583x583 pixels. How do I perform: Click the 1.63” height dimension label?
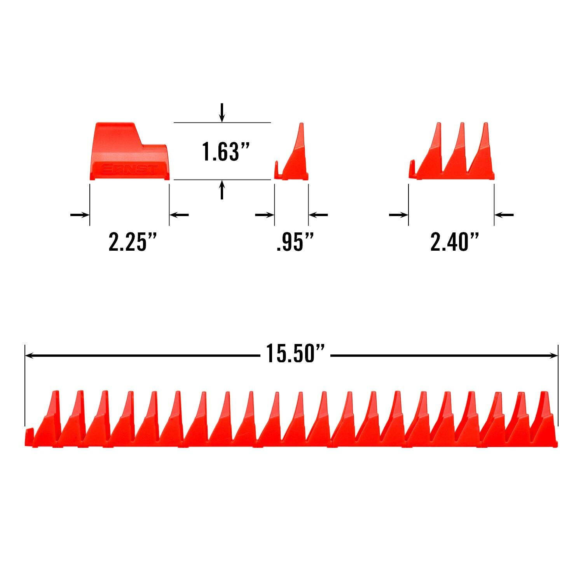coord(225,151)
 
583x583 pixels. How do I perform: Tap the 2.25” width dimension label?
coord(133,243)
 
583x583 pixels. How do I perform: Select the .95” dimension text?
coord(295,243)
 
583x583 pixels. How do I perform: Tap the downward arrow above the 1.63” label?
coord(222,113)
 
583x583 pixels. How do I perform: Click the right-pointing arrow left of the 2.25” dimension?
coord(80,215)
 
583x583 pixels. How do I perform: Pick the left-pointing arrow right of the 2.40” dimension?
coord(504,215)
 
